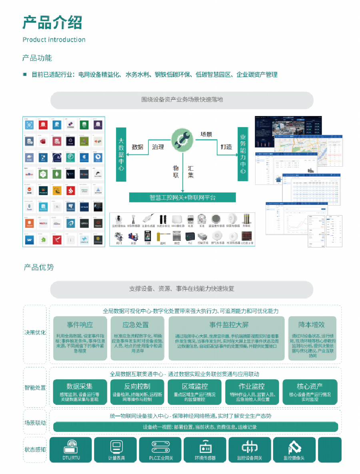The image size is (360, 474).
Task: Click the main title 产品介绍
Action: [x=52, y=22]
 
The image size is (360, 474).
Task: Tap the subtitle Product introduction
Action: [x=54, y=40]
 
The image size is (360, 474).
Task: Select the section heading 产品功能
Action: [x=37, y=58]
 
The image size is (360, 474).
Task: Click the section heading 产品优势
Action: [x=39, y=267]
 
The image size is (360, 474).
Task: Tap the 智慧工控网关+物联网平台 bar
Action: [x=182, y=197]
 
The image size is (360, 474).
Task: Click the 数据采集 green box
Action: [x=80, y=392]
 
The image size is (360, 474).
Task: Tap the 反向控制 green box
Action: [x=137, y=392]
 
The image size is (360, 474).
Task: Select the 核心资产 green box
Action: [x=310, y=392]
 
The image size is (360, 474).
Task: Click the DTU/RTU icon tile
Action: [x=71, y=450]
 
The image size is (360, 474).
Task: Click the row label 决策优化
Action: [x=35, y=332]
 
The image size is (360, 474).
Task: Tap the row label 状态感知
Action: [x=35, y=449]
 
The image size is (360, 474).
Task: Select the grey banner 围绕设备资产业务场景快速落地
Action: [x=182, y=100]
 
